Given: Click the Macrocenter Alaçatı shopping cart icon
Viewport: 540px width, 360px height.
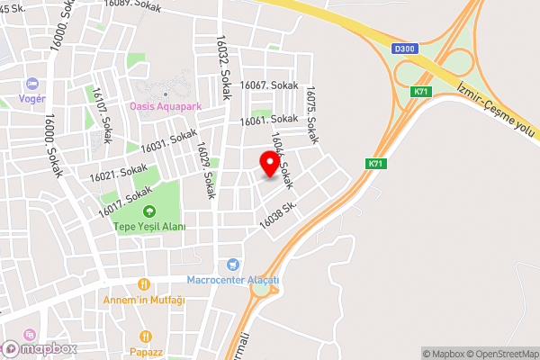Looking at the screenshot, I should point(234,265).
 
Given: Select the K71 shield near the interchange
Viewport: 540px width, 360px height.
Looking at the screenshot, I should point(419,92).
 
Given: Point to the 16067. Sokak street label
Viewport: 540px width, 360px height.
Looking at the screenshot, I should point(267,85).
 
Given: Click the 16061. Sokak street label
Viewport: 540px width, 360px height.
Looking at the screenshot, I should point(268,120).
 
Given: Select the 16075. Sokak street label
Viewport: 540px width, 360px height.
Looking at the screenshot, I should point(311,115).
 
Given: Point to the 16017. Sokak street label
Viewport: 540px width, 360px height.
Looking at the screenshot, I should point(125,200).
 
